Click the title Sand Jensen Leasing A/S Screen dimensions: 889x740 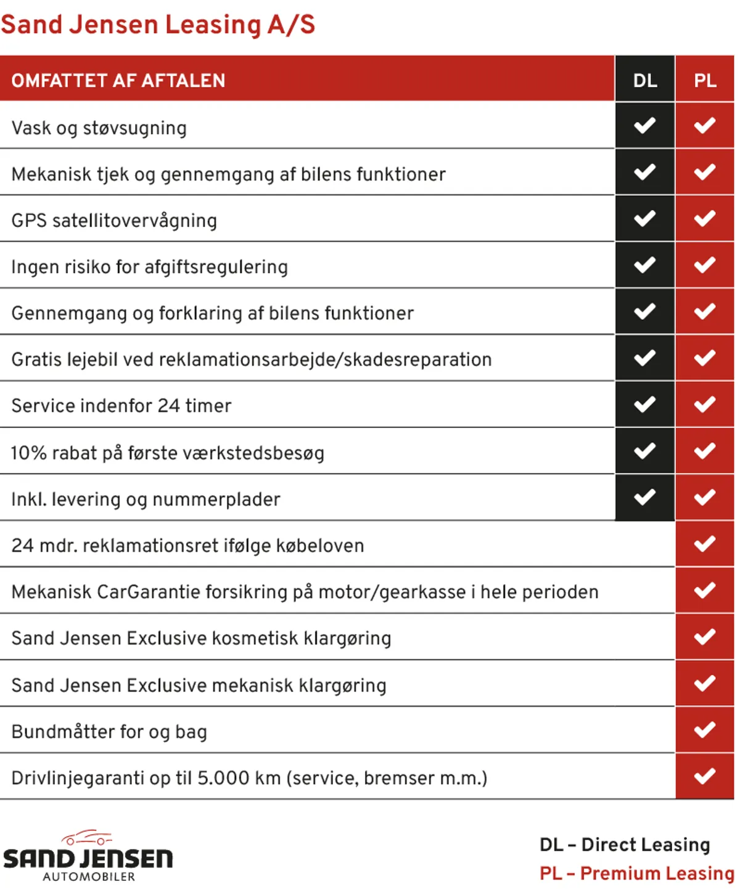158,25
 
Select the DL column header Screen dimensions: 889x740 645,80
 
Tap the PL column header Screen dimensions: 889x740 705,80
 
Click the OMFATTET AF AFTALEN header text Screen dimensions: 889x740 118,81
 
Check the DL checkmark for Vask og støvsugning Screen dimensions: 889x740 645,126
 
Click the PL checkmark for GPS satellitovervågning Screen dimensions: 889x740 705,219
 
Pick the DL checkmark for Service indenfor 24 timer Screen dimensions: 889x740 645,404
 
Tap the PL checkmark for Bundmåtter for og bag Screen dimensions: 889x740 705,730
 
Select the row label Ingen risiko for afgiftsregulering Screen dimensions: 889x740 150,267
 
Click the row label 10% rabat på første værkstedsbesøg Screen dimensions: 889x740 168,453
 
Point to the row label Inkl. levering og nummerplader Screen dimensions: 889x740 146,499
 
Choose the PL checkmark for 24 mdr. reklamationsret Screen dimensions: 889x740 705,544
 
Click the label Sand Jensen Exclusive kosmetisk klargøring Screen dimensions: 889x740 202,638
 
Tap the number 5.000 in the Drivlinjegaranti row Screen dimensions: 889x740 223,778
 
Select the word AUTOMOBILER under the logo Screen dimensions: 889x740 89,877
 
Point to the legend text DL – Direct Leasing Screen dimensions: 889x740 625,845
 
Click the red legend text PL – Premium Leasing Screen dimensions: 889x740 636,874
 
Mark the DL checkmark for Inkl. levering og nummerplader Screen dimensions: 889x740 645,497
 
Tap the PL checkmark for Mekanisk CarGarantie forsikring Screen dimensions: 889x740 705,591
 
